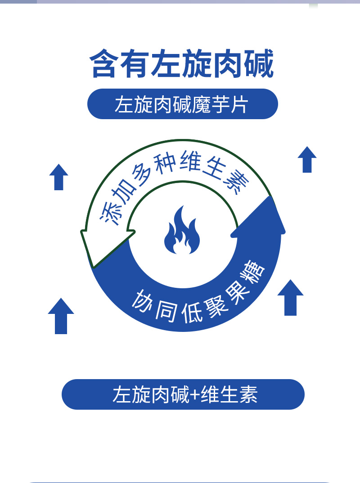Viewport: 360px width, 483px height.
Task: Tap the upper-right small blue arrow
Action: [x=307, y=160]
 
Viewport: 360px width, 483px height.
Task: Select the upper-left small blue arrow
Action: [x=58, y=177]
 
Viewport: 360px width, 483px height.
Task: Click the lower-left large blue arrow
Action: [x=61, y=316]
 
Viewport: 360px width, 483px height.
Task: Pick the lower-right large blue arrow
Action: [x=290, y=298]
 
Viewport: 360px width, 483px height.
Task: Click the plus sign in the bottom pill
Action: [x=194, y=395]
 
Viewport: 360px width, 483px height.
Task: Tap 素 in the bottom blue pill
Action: [x=248, y=395]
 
